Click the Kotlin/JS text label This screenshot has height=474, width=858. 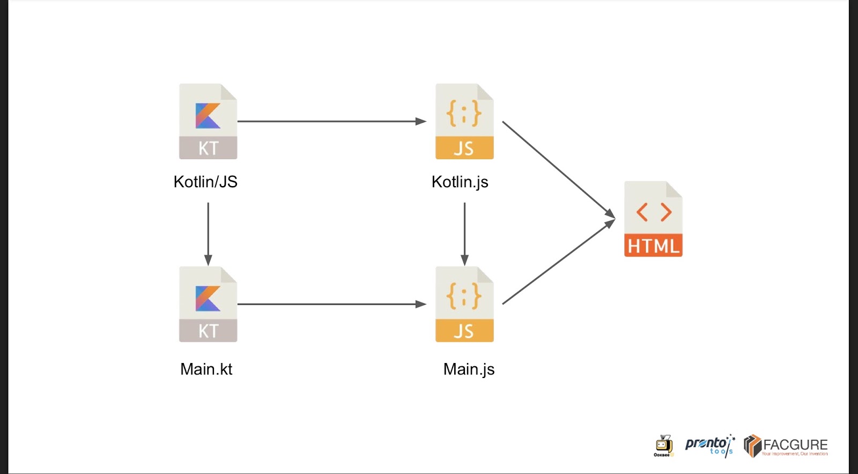coord(205,182)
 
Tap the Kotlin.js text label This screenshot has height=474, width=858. coord(460,182)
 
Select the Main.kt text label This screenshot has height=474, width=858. coord(206,369)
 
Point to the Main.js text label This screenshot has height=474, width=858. coord(469,369)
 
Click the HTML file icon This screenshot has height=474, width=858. coord(653,219)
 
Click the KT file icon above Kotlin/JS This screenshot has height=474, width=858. coord(208,121)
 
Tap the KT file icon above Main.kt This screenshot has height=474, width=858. coord(208,304)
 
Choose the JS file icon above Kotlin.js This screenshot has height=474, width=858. coord(464,121)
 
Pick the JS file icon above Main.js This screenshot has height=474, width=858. coord(464,304)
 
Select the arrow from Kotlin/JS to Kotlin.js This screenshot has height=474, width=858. coord(331,121)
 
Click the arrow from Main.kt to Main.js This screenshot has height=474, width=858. coord(331,304)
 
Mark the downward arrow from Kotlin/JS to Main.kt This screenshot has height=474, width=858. coord(208,233)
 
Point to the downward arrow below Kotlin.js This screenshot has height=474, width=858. coord(464,233)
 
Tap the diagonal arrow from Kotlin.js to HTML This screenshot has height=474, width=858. coord(558,168)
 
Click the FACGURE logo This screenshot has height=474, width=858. coord(786,446)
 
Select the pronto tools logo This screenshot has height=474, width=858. coord(709,445)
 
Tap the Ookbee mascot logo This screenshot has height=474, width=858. coord(663,446)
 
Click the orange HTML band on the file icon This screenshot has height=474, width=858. coord(653,246)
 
